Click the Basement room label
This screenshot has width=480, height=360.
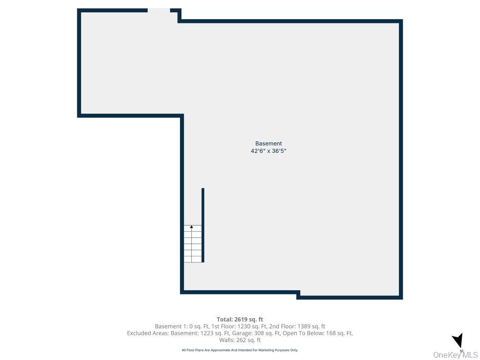(x=269, y=143)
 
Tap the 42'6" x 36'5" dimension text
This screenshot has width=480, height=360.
(x=269, y=151)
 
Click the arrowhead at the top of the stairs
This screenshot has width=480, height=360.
(x=192, y=227)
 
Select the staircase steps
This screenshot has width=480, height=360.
(x=193, y=244)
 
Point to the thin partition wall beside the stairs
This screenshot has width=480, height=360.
(x=203, y=225)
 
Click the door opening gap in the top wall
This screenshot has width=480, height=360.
(x=159, y=10)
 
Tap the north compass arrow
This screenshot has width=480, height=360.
(x=458, y=341)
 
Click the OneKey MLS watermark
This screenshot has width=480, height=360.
(x=455, y=355)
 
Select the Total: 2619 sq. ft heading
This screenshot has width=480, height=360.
(x=240, y=320)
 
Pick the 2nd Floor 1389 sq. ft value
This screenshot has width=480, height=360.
(x=297, y=326)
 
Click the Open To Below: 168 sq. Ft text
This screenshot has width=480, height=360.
(x=317, y=333)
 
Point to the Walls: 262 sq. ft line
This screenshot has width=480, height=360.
(x=240, y=340)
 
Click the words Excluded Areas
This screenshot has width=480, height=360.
(x=148, y=333)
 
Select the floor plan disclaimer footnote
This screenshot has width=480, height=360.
(x=240, y=350)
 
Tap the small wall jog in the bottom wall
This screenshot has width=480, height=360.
(x=298, y=295)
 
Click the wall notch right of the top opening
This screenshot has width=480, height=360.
(x=178, y=15)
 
